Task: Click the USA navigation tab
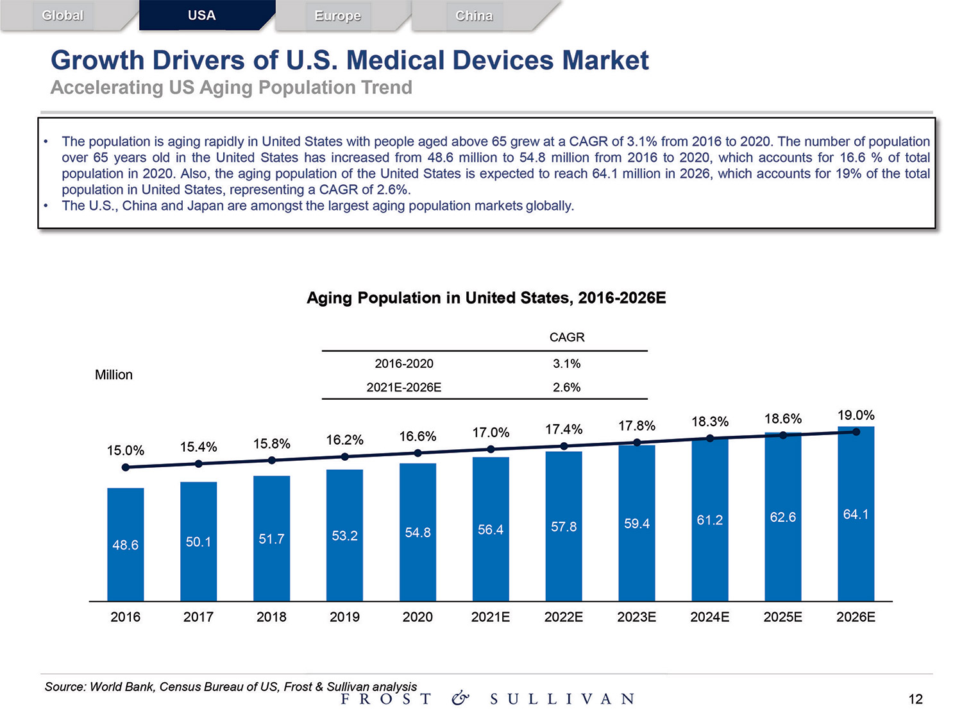tap(201, 15)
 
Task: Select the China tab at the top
tap(474, 16)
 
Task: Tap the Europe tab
tap(337, 16)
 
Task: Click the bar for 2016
tap(126, 544)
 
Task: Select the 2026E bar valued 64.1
tap(856, 513)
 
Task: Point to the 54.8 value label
tap(418, 533)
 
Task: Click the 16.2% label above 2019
tap(344, 440)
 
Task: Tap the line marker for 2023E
tap(637, 442)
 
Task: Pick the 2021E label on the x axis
tap(491, 617)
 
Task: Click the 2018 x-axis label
tap(271, 617)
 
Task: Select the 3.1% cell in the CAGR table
tap(567, 364)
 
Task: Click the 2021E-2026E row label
tap(404, 388)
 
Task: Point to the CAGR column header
tap(567, 337)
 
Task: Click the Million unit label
tap(114, 375)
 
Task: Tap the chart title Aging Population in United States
tap(486, 298)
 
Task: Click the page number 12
tap(915, 699)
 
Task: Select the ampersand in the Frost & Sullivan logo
tap(460, 698)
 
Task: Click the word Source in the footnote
tap(65, 687)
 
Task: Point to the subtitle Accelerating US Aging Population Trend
tap(231, 87)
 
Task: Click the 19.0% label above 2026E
tap(856, 415)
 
